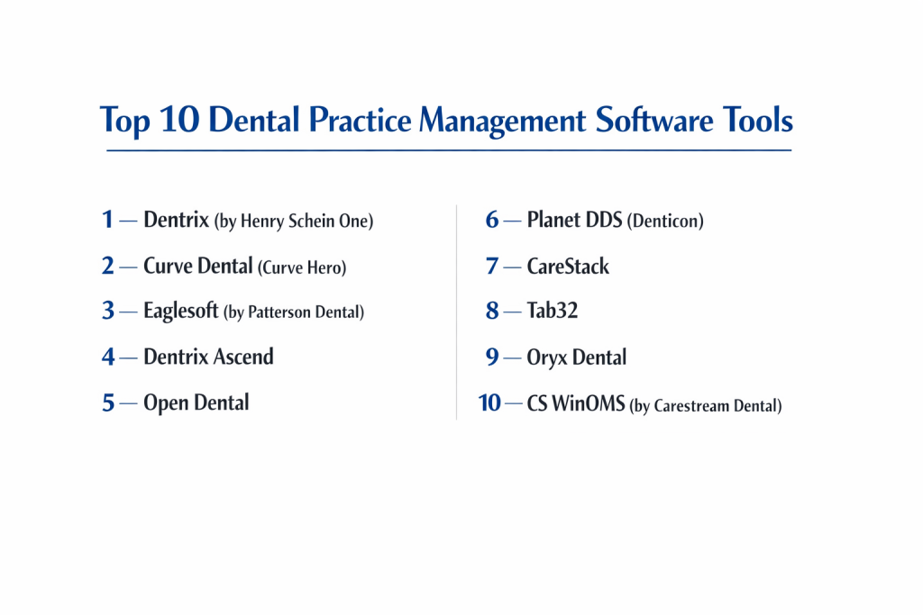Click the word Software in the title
tap(654, 120)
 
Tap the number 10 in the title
tap(179, 120)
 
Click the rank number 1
tap(107, 220)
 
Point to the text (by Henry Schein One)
tap(294, 222)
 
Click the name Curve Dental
tap(197, 266)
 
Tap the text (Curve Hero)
tap(302, 267)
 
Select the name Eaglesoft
tap(180, 311)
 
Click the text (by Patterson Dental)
tap(294, 312)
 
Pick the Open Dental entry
tap(196, 402)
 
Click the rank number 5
tap(108, 402)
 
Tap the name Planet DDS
tap(574, 220)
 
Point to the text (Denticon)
tap(665, 222)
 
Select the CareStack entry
tap(568, 266)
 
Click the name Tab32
tap(553, 310)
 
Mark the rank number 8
tap(492, 310)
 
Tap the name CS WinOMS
tap(576, 403)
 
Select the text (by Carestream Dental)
tap(706, 406)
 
